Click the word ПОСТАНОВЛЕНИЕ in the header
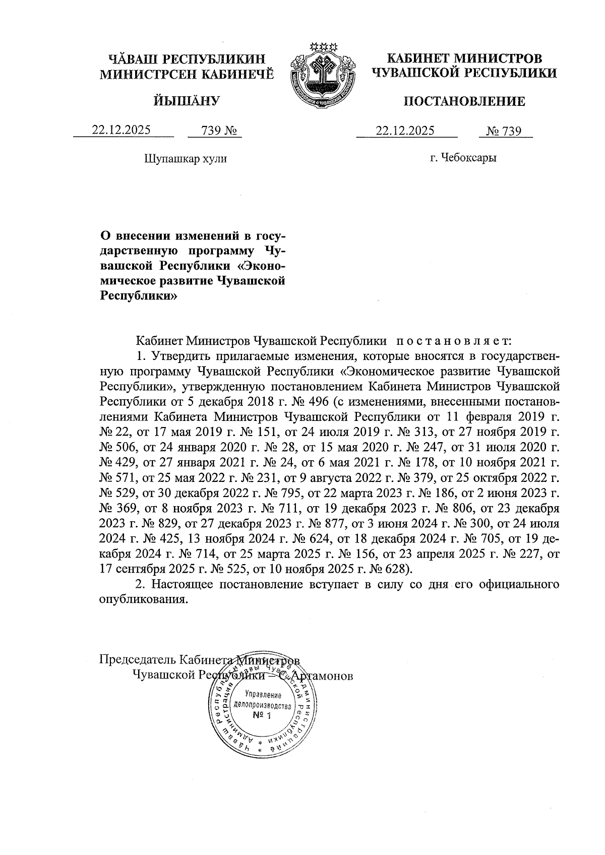[x=464, y=102]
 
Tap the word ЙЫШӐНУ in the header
[x=187, y=101]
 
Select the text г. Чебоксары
[x=463, y=158]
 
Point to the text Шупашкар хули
[x=186, y=159]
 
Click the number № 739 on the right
[x=504, y=131]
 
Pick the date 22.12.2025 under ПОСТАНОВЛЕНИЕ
[x=405, y=131]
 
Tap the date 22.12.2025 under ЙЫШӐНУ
[x=121, y=130]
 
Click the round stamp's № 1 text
[x=262, y=716]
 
